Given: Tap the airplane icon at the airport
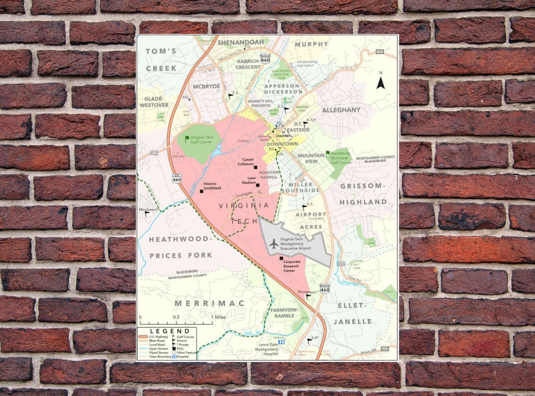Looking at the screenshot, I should (273, 244).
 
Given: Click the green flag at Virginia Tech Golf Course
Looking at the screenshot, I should (187, 139).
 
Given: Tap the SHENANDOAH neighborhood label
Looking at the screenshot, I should (240, 43).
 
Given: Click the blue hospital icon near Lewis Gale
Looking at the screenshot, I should (281, 342).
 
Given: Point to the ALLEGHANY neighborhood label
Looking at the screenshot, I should (341, 110).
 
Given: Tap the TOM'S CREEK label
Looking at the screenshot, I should (161, 59).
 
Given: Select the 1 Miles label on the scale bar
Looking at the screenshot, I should (218, 317).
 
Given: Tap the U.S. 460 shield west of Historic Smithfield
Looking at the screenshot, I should (177, 178).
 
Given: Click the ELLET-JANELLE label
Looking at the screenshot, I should (355, 313).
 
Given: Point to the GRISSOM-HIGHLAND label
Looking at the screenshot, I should (363, 194).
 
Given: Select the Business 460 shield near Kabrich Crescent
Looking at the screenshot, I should (266, 59).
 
